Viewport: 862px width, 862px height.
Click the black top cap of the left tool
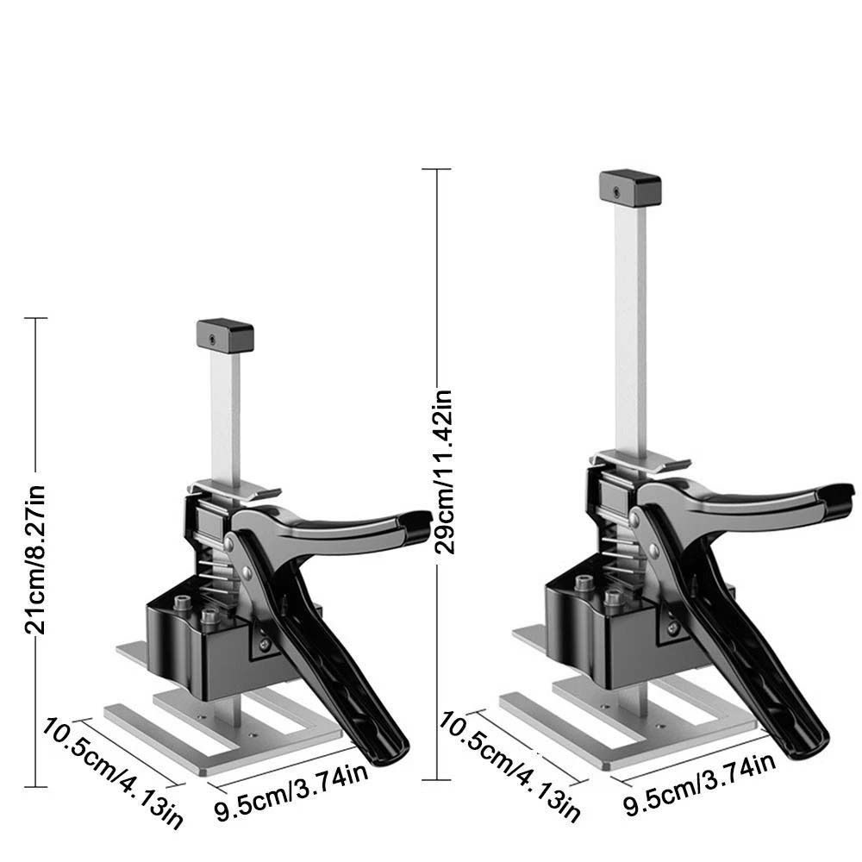click(225, 336)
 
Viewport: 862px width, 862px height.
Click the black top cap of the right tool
click(630, 188)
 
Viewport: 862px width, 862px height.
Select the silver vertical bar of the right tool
click(630, 328)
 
